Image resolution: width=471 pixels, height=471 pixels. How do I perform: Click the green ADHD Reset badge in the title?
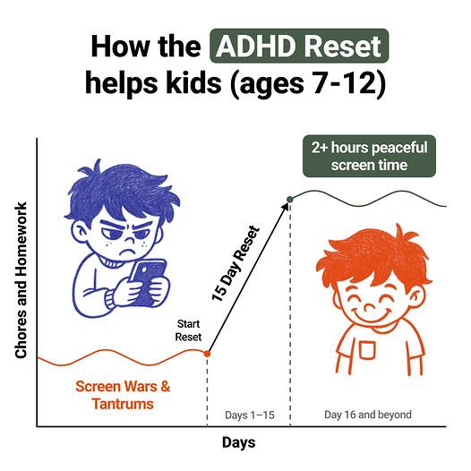299,46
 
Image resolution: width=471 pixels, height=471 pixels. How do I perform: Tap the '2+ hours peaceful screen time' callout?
369,156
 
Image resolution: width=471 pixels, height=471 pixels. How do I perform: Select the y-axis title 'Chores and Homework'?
21,280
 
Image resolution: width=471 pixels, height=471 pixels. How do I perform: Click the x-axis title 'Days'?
239,442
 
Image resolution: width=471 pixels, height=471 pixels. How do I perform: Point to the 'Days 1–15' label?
250,415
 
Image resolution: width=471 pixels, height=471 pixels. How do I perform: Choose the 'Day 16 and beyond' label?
368,415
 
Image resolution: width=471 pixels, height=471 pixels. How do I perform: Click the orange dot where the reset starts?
207,354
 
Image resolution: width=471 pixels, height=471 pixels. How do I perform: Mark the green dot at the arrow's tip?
290,199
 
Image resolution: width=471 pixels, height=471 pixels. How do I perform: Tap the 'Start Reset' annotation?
188,330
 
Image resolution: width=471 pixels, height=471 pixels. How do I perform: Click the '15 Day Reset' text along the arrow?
235,263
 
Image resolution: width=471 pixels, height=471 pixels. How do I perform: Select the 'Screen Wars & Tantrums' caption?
123,395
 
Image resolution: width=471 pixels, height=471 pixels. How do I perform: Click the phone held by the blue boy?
148,282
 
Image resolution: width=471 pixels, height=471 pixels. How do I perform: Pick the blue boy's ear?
79,233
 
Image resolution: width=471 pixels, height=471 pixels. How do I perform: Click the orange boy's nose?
370,307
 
